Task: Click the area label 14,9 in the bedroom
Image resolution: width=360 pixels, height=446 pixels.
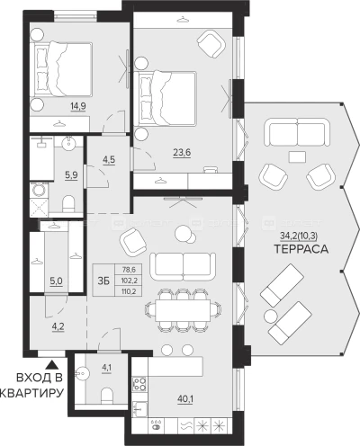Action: coord(78,106)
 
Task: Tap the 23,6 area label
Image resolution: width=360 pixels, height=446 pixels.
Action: coord(182,152)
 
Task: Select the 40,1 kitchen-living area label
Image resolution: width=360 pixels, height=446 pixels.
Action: coord(185,399)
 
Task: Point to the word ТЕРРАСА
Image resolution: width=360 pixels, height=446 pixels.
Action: coord(301,249)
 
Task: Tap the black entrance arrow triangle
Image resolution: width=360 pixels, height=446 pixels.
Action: coord(53,365)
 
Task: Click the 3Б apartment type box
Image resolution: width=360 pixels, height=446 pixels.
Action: coord(103,281)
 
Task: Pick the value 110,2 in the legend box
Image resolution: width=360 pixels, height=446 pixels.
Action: coord(129,290)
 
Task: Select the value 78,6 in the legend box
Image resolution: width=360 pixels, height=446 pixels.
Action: coord(129,270)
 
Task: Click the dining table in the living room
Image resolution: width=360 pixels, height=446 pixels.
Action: coord(183,310)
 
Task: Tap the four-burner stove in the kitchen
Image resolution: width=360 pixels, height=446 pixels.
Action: coord(139,384)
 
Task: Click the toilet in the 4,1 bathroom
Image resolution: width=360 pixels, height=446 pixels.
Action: coord(106,396)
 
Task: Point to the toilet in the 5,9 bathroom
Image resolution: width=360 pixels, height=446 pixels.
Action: coord(69,203)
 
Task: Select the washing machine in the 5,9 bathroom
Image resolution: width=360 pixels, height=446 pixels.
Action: coord(39,190)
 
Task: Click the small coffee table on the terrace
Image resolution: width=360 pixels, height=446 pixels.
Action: coord(297,156)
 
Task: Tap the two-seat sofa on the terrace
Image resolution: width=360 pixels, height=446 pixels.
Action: coord(296,132)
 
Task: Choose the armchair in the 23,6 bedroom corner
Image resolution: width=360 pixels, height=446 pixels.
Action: coord(211,44)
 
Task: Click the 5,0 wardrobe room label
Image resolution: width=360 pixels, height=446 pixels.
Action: coord(56,281)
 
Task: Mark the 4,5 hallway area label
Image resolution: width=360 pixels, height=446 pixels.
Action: coord(109,159)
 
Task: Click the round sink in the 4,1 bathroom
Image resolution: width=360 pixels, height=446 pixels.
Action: coord(81,374)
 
